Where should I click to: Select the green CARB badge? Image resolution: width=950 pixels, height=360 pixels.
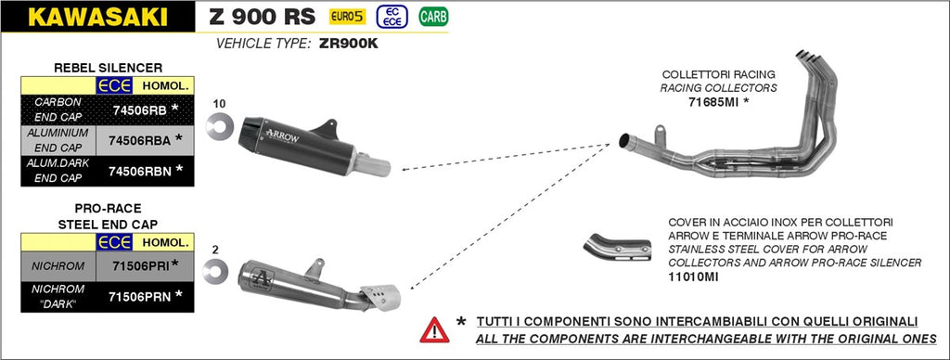431,16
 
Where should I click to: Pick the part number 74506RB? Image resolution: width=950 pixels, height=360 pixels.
139,110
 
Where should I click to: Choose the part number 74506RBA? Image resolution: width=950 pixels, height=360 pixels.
141,140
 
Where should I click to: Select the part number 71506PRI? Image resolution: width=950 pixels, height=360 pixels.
139,265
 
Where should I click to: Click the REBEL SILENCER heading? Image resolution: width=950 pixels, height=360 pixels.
109,68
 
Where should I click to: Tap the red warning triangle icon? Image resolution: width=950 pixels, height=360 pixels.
434,328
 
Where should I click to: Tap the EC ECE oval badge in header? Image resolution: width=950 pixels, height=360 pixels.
394,16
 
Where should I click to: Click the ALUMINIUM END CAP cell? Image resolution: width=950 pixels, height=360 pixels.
58,140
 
